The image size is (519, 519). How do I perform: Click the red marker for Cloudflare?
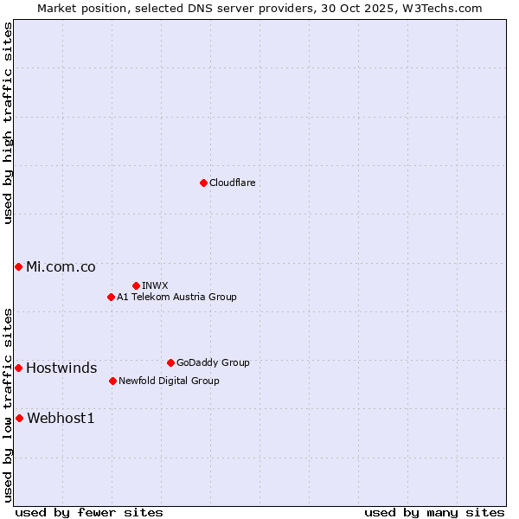[x=203, y=183]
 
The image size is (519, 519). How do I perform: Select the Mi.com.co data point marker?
[x=18, y=266]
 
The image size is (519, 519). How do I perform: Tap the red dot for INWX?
[x=136, y=285]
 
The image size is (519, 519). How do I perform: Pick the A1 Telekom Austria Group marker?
[x=111, y=297]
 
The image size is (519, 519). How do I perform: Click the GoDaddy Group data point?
[x=170, y=362]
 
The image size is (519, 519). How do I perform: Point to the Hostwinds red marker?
[x=18, y=368]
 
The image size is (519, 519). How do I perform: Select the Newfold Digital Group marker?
[x=112, y=381]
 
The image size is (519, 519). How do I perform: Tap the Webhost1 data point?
[x=19, y=418]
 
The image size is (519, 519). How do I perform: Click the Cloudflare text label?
[x=232, y=183]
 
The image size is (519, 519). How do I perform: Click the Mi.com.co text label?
[x=61, y=266]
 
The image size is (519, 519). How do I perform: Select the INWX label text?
[x=155, y=285]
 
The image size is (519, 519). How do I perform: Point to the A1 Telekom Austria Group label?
[x=176, y=297]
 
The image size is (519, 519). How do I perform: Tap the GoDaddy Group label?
[x=213, y=362]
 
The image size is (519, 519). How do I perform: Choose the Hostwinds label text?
[x=61, y=368]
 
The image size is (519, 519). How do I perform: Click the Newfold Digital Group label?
[x=169, y=381]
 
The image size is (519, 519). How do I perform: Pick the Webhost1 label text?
[x=61, y=418]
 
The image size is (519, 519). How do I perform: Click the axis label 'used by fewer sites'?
[x=89, y=512]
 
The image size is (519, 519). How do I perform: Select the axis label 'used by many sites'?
[x=434, y=512]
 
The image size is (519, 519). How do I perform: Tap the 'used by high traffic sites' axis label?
[x=8, y=123]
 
